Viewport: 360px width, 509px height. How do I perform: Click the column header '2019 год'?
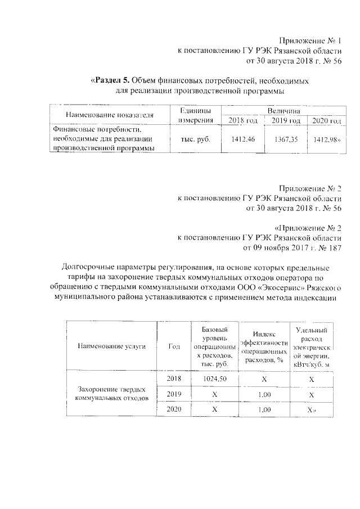click(x=286, y=120)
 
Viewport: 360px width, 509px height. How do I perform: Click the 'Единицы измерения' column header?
click(x=195, y=115)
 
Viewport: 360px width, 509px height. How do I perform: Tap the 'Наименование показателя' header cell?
click(x=110, y=115)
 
